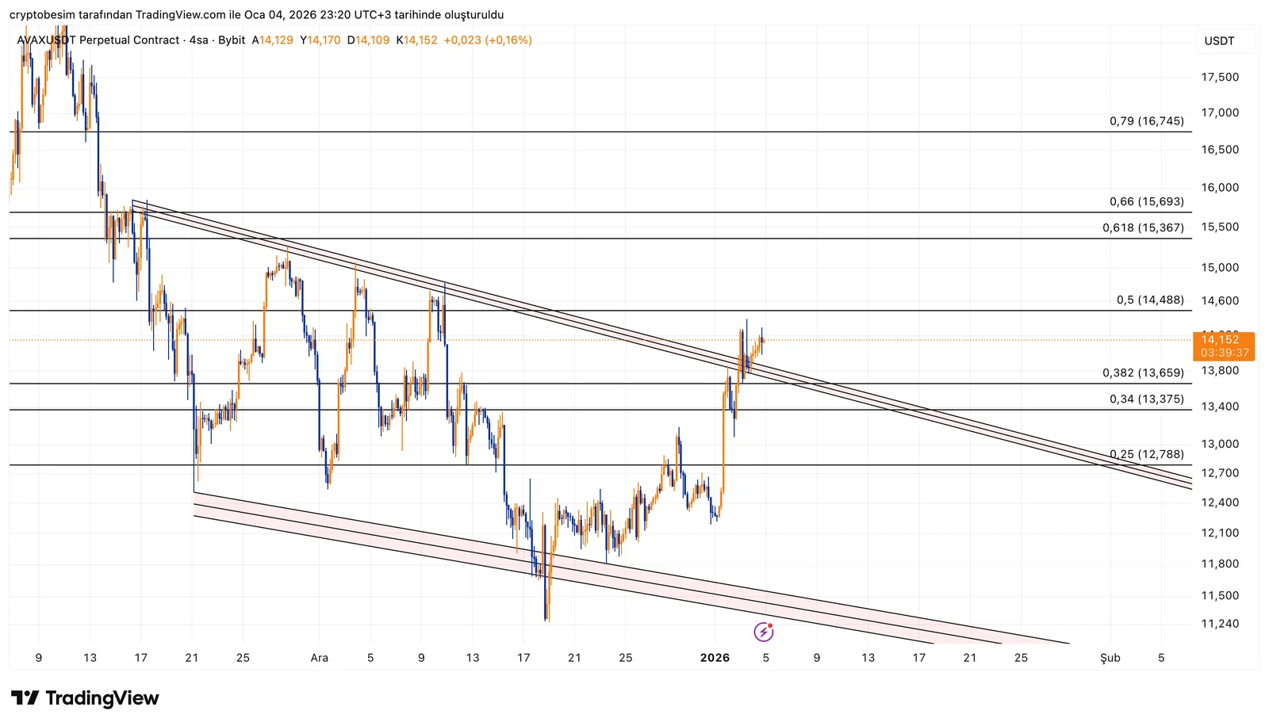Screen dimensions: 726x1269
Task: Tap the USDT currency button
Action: [x=1219, y=41]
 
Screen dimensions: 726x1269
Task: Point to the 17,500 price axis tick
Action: [x=1220, y=77]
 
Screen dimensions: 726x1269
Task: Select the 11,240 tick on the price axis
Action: [x=1220, y=624]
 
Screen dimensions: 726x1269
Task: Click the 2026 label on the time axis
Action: [x=715, y=658]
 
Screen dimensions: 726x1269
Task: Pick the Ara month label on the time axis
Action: [x=319, y=658]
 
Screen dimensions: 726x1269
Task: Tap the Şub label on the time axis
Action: [x=1110, y=658]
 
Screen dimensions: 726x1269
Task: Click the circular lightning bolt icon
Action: [x=763, y=632]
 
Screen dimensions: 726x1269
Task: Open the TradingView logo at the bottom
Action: [x=85, y=698]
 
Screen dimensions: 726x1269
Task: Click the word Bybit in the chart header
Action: [x=232, y=40]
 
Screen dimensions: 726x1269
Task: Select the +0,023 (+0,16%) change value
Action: [x=488, y=40]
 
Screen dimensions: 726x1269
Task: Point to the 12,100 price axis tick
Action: [x=1220, y=533]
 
